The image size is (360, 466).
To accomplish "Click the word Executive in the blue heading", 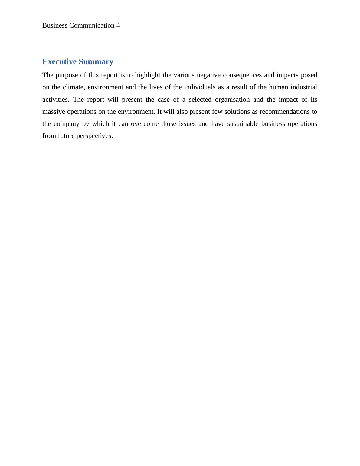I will [59, 62].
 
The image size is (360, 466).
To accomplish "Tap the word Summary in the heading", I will [96, 62].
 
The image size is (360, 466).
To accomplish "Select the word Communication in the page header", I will [92, 25].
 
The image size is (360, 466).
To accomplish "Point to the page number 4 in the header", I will [118, 25].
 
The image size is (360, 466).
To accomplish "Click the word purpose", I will [67, 75].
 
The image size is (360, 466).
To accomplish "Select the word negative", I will [209, 75].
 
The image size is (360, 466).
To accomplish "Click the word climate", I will [74, 87].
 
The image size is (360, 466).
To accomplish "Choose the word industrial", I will [304, 87].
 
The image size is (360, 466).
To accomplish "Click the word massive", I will [54, 112].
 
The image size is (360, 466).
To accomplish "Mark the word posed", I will [309, 75].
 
